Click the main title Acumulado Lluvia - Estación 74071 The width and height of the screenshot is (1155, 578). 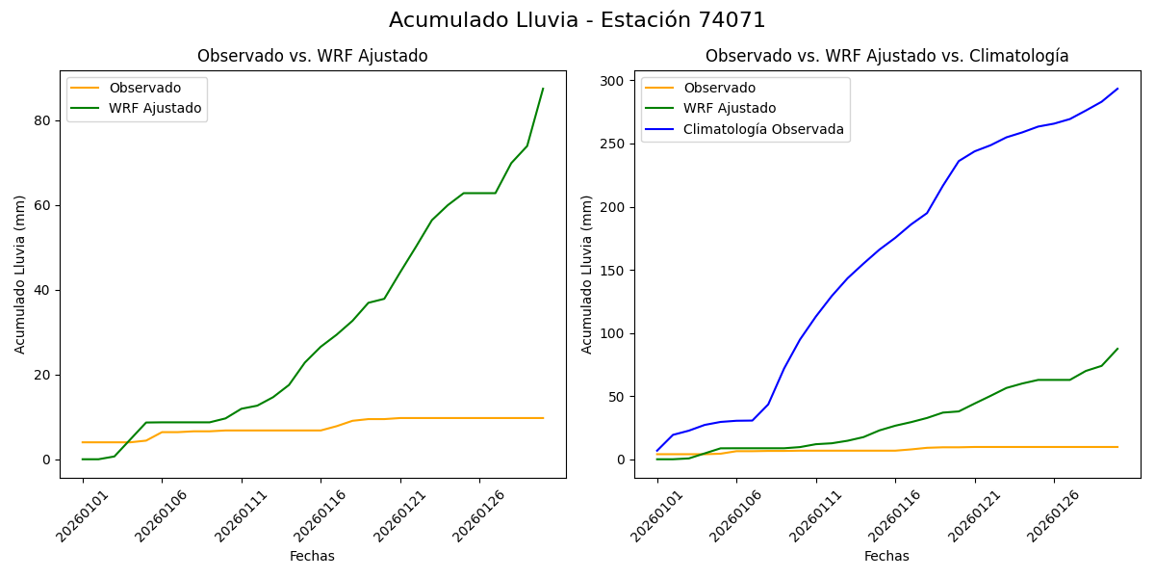(x=577, y=20)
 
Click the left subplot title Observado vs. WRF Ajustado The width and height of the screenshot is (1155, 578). (x=312, y=57)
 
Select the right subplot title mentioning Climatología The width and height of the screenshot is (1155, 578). (x=886, y=57)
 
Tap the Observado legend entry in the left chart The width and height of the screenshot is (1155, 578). (x=144, y=89)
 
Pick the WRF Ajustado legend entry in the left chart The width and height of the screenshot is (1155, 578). (x=155, y=109)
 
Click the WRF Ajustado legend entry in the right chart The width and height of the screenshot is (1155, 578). (x=730, y=109)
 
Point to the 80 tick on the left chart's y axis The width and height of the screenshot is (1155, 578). (x=43, y=120)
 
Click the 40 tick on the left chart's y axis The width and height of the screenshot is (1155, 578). (x=43, y=290)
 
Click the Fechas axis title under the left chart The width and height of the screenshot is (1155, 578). (x=312, y=557)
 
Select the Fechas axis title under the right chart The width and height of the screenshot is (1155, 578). (x=886, y=557)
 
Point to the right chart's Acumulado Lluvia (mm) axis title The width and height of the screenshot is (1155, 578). (x=588, y=275)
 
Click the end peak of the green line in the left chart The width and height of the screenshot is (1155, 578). (x=543, y=89)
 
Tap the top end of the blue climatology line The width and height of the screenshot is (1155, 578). (x=1117, y=89)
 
